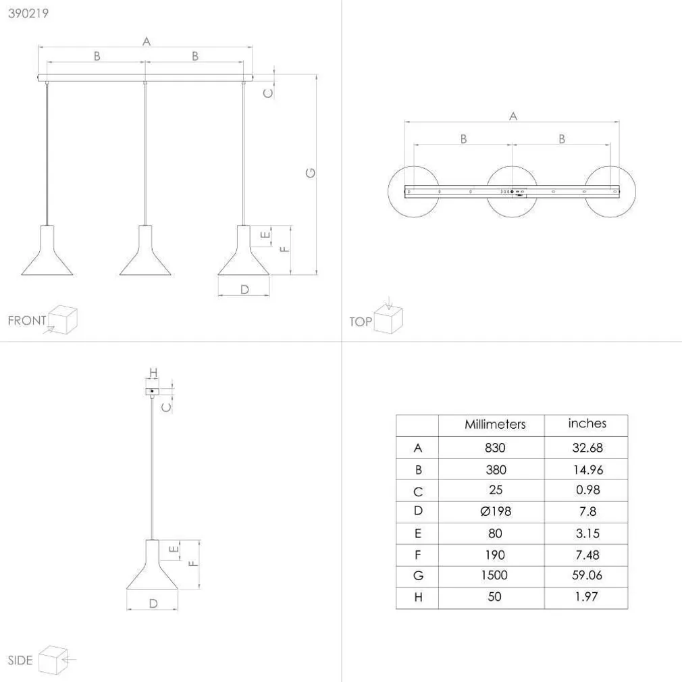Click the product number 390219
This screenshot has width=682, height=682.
point(28,13)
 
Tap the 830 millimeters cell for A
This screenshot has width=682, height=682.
point(495,448)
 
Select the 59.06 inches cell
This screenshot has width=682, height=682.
point(587,575)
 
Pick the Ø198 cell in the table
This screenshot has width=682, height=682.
point(496,511)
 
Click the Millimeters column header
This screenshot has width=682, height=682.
point(495,424)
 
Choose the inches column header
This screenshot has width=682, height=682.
point(587,423)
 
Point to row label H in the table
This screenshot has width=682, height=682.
point(418,597)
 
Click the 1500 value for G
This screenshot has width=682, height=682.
point(494,575)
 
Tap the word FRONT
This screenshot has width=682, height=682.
point(27,321)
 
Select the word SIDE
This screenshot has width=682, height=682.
point(20,660)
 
